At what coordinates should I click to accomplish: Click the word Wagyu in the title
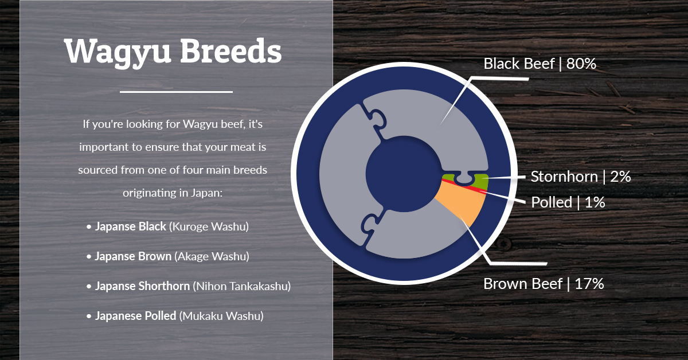coord(118,52)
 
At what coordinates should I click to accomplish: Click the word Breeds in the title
coord(230,50)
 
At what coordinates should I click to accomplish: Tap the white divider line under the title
coord(176,92)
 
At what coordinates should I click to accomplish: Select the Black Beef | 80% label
coord(540,64)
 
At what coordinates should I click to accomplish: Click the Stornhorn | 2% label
coord(580,177)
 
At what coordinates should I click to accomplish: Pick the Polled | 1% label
coord(568,202)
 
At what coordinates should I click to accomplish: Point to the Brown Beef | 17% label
coord(544,284)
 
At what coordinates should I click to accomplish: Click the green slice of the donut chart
coord(480,181)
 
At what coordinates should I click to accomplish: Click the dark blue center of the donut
coord(404,174)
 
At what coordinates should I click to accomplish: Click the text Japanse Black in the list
coord(130,226)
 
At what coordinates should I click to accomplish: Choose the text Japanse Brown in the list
coord(133,256)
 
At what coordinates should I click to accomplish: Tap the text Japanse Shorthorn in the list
coord(142,286)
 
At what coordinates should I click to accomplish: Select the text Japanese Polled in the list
coord(135,316)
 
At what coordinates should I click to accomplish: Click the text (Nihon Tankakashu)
coord(242,286)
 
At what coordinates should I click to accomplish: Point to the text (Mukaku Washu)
coord(221,316)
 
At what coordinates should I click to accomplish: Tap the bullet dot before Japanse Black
coord(89,228)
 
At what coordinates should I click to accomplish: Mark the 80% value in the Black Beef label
coord(581,64)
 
